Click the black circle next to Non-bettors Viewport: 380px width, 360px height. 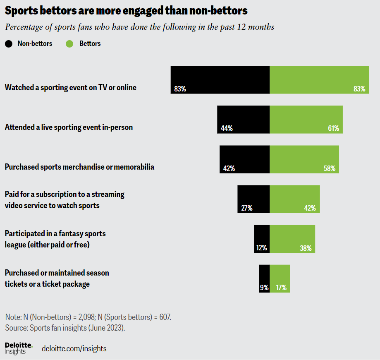[9, 43]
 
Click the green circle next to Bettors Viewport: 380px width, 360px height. [70, 43]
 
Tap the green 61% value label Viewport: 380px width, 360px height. [333, 128]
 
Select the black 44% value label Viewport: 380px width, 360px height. [227, 128]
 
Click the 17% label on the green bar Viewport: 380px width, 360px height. [281, 287]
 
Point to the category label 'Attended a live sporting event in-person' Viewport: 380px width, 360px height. [69, 127]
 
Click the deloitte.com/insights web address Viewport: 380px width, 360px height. [74, 348]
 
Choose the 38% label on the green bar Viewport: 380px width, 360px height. [306, 248]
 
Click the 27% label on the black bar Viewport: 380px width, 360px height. [246, 208]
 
